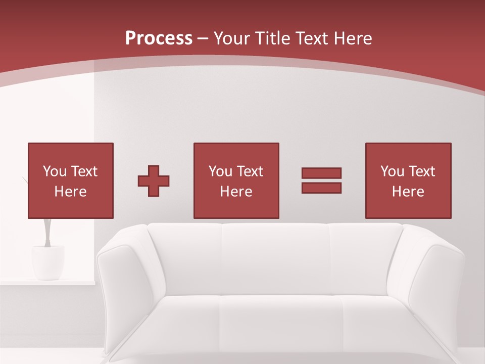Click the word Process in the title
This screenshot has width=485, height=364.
click(159, 38)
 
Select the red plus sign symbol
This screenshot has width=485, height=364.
click(154, 181)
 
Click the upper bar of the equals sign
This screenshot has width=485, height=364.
click(321, 173)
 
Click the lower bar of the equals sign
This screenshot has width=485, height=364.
click(321, 188)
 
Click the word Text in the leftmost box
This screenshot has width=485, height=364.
click(84, 171)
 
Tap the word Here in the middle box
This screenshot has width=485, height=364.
click(236, 192)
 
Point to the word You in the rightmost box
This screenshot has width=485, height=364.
click(392, 171)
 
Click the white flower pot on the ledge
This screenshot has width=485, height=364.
click(48, 262)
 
